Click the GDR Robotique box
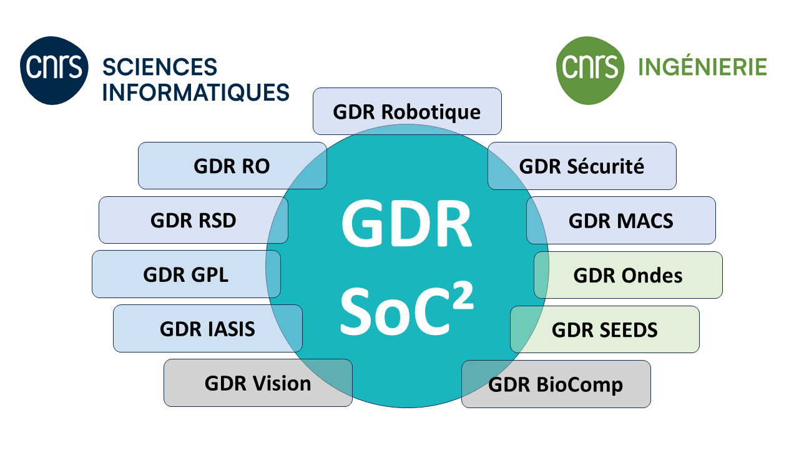pos(407,111)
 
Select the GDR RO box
pos(232,166)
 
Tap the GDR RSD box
pos(193,220)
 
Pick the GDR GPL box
pos(185,274)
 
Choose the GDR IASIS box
pos(207,329)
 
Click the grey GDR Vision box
pos(257,383)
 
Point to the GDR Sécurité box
pos(582,166)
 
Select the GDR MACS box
pos(621,220)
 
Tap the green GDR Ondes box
pos(628,275)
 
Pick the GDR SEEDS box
pos(605,329)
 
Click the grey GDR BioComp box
pos(556,384)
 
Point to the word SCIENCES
pos(159,66)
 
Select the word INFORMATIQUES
pos(195,92)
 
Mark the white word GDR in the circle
pos(406,224)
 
